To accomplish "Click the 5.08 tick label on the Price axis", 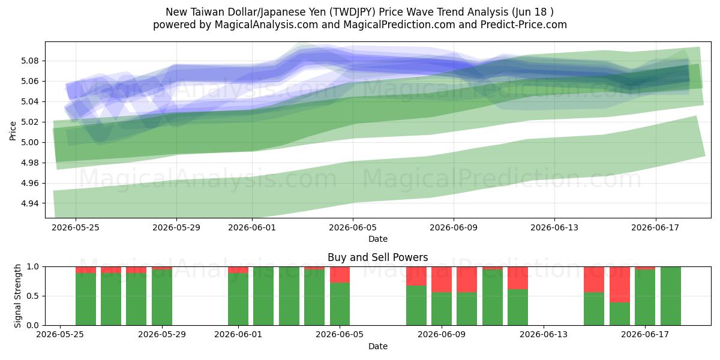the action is click(30, 61).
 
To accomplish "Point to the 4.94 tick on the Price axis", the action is click(30, 203).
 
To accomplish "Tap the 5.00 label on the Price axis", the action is click(30, 142).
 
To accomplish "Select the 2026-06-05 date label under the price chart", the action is click(353, 227).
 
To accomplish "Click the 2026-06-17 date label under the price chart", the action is click(655, 227).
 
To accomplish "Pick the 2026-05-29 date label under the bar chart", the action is click(162, 335).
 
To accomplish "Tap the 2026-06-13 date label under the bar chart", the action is click(544, 335).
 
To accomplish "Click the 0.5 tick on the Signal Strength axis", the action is click(33, 296).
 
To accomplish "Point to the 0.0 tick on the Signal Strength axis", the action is click(33, 326).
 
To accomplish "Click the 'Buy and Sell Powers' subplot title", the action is click(377, 257).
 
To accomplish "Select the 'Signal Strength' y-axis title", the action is click(17, 296).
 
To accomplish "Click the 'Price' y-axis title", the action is click(13, 131).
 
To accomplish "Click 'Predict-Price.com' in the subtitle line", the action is click(524, 25).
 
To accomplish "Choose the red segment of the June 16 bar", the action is click(620, 284).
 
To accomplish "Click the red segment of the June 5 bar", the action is click(340, 275).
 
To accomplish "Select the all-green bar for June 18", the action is click(671, 296).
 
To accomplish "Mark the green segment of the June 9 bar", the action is click(442, 309).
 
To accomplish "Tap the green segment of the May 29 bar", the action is click(162, 298).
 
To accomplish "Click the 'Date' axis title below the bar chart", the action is click(377, 347).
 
